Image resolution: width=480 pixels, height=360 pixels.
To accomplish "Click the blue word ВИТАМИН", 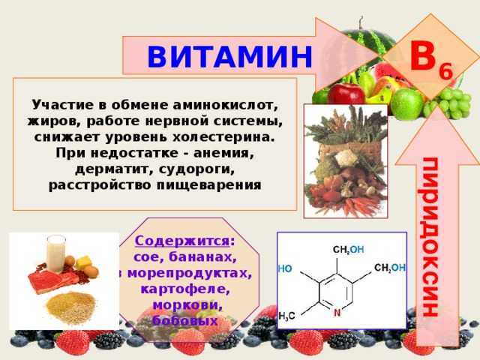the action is (x=229, y=57).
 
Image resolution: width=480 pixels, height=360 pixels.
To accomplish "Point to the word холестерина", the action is (x=223, y=137).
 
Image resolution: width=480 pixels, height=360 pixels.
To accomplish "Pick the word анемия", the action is (x=223, y=153).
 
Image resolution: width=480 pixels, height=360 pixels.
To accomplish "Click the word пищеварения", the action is (x=209, y=185).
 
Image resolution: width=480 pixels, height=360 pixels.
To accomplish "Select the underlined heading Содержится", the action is (x=181, y=241).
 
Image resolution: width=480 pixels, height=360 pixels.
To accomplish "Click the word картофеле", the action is (x=185, y=289).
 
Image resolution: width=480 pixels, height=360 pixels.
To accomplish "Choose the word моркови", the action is (x=187, y=305).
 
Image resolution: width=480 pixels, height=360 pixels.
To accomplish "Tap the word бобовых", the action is (x=185, y=320).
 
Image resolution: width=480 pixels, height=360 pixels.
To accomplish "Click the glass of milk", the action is (x=55, y=253).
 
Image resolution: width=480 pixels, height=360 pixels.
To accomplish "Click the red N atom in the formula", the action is (x=337, y=313).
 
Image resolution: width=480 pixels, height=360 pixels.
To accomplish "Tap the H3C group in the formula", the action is (x=286, y=316).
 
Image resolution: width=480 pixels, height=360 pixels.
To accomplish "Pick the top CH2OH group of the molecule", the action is (x=348, y=250).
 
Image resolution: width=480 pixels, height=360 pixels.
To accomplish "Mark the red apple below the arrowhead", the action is (x=346, y=94).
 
